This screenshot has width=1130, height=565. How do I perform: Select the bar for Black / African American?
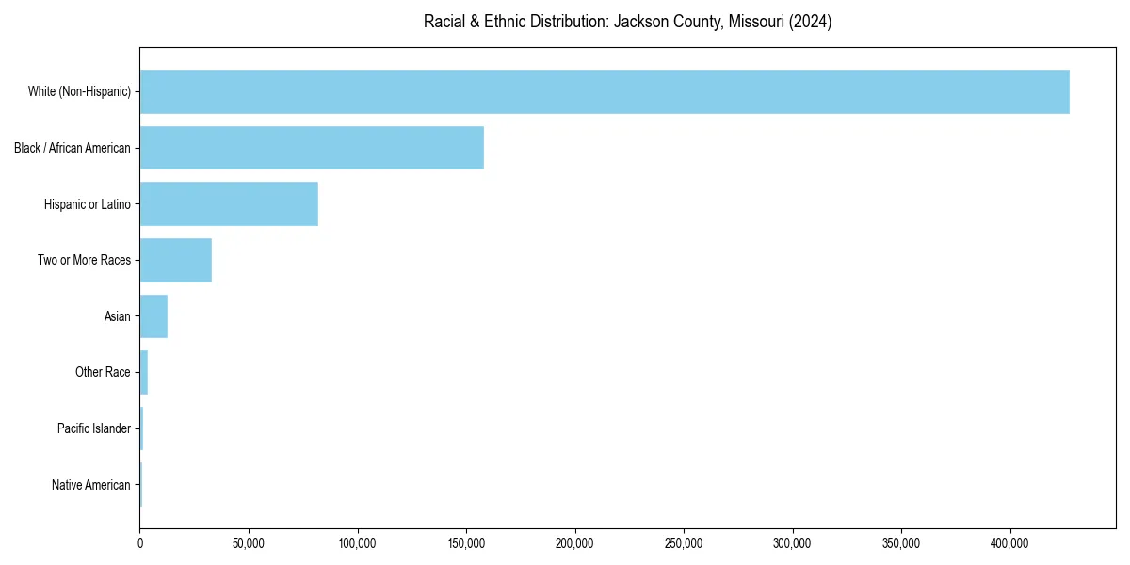[x=312, y=148]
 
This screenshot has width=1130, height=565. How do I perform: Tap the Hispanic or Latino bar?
[x=229, y=204]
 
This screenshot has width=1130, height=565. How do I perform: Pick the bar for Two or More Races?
[x=176, y=260]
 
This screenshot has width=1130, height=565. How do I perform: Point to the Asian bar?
[x=153, y=316]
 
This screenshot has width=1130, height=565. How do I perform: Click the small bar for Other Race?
[x=144, y=372]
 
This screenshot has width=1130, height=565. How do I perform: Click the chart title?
[x=627, y=22]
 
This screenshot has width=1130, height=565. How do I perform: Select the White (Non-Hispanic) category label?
[x=79, y=91]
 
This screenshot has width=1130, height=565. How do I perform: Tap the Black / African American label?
[x=73, y=148]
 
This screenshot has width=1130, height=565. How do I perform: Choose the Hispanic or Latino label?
[x=88, y=204]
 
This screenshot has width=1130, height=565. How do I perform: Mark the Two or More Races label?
[x=84, y=260]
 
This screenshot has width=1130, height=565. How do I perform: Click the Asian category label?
[x=118, y=316]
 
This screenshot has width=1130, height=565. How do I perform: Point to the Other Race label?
[x=103, y=372]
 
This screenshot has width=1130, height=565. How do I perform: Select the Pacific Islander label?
[x=94, y=428]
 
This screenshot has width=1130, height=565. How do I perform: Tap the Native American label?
[x=91, y=485]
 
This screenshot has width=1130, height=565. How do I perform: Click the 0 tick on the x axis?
[x=140, y=543]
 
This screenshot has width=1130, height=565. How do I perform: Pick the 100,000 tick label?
[x=357, y=543]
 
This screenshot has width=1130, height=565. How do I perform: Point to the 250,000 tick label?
[x=684, y=543]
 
